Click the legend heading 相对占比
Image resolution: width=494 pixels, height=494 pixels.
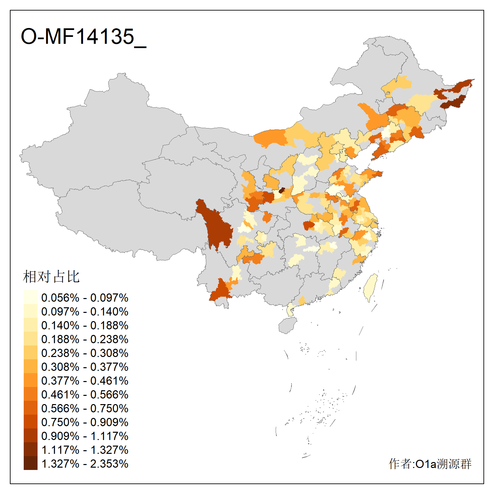point(51,277)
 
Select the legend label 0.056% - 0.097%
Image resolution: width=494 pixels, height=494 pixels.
point(85,298)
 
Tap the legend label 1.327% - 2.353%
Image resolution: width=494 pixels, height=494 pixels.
point(85,464)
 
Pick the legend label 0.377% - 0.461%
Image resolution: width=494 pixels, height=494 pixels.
point(85,381)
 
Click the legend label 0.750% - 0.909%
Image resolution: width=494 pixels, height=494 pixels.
point(85,422)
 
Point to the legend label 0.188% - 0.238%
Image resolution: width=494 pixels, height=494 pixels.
point(85,339)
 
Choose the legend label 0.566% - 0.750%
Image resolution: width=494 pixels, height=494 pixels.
point(85,408)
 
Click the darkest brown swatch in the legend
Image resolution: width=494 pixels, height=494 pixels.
point(30,463)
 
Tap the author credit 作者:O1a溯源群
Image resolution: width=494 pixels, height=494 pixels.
point(430,464)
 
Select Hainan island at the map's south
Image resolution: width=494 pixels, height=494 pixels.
point(288,325)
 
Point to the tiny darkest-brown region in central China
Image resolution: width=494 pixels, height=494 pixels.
point(282,190)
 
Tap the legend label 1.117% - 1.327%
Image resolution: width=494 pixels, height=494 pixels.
point(85,450)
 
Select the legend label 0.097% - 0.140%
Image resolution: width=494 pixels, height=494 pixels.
point(85,312)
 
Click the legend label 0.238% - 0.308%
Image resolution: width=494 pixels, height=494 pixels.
point(85,353)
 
